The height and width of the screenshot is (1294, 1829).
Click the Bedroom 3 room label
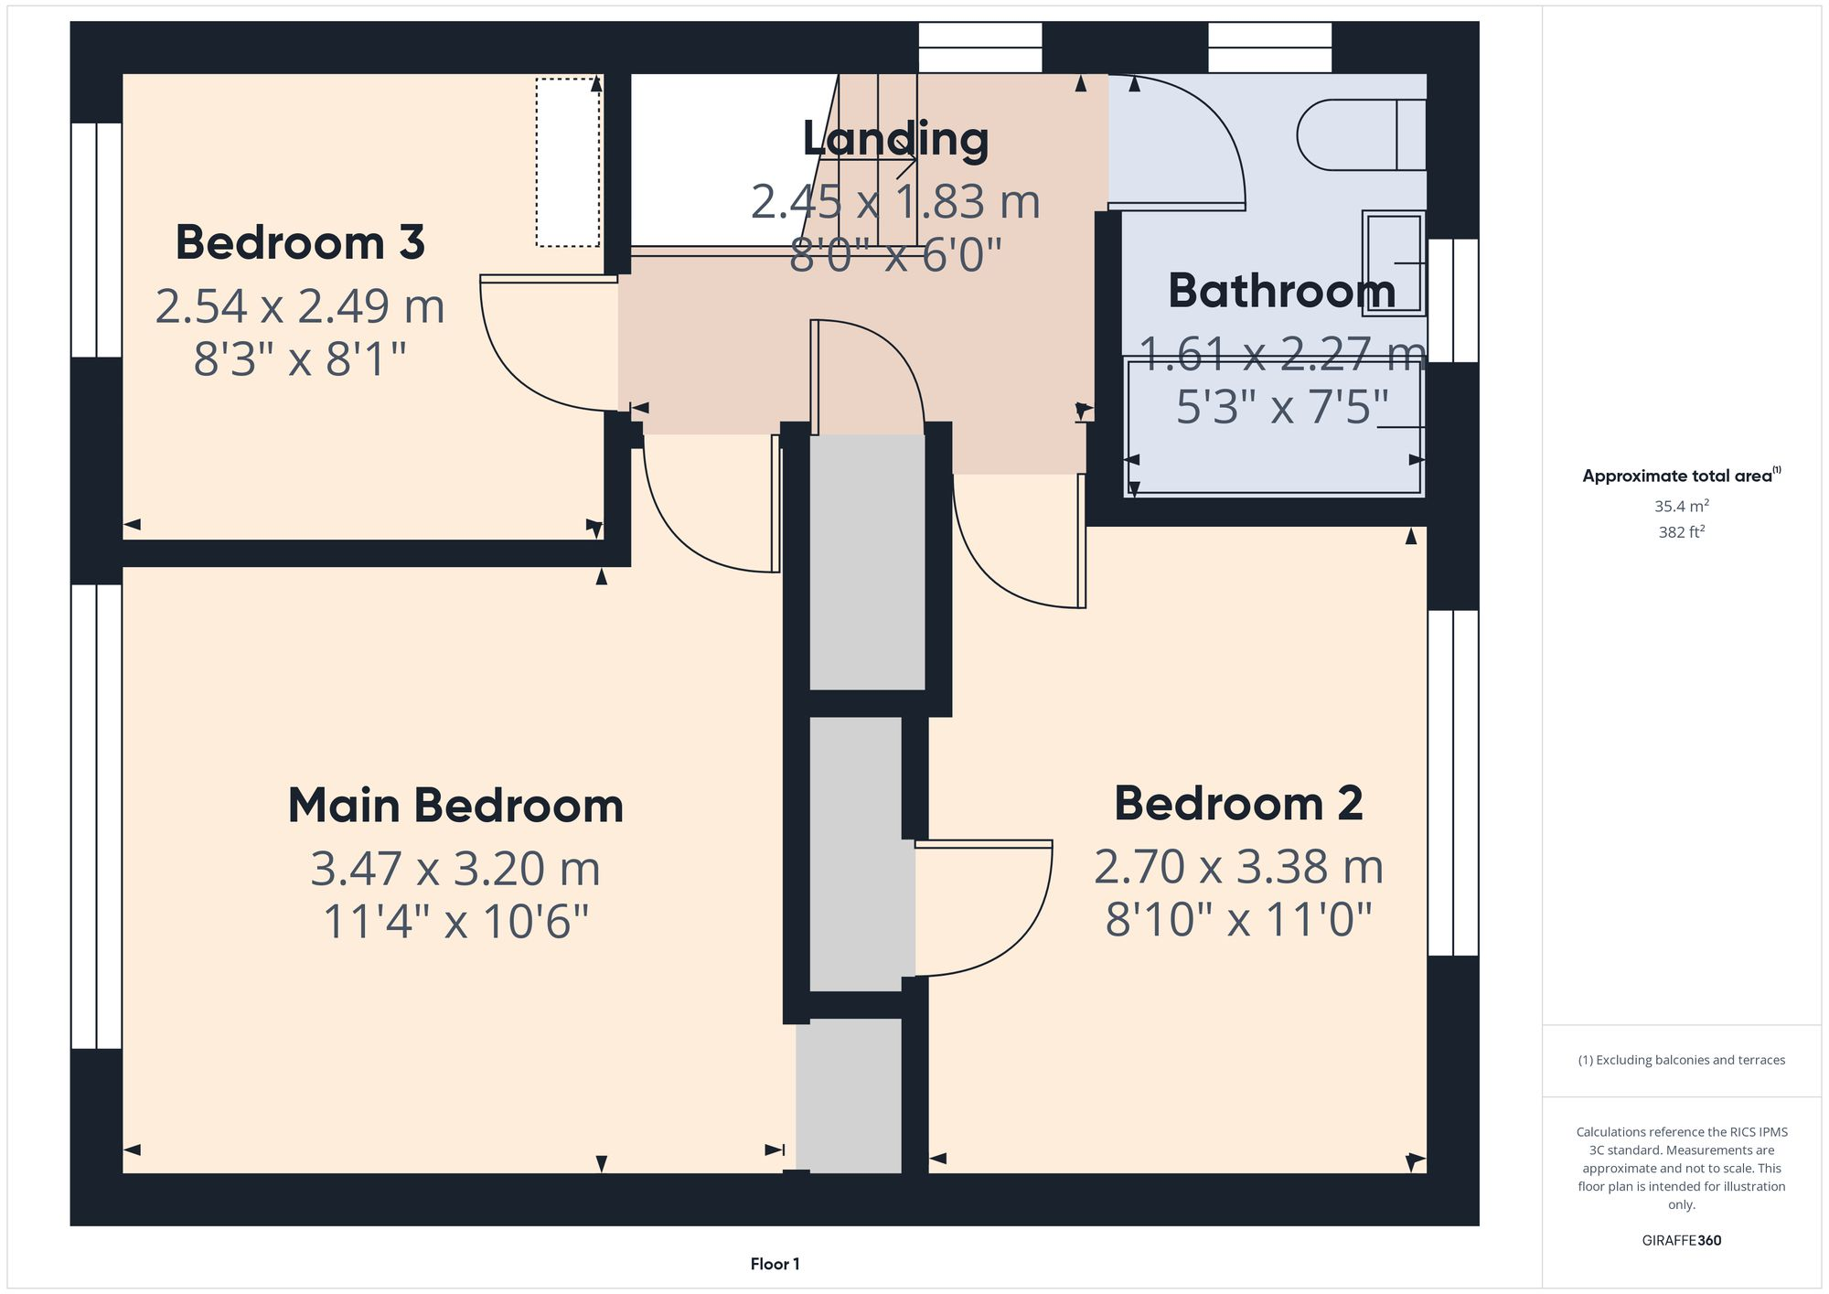[x=300, y=243]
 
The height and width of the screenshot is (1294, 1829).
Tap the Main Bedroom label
[x=455, y=807]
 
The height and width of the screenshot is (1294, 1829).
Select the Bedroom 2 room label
[x=1238, y=805]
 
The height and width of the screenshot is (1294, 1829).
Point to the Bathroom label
[x=1281, y=292]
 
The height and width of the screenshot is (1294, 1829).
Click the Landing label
[x=895, y=140]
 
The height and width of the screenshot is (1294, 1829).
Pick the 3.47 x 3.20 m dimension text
[x=455, y=869]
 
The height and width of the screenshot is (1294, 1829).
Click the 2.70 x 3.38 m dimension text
[x=1238, y=867]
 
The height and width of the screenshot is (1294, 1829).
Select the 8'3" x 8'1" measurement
[x=300, y=359]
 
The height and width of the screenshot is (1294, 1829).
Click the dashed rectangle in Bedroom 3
[x=568, y=162]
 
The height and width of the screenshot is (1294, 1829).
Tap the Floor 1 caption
[x=775, y=1264]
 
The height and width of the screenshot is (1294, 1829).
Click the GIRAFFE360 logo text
[x=1681, y=1241]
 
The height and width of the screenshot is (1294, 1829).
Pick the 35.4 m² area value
[x=1681, y=506]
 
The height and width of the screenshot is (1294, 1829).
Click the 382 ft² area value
[x=1681, y=531]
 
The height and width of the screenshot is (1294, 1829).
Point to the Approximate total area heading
[x=1681, y=476]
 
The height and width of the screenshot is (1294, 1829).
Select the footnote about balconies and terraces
[x=1681, y=1060]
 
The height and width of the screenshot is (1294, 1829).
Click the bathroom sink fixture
[x=1393, y=263]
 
